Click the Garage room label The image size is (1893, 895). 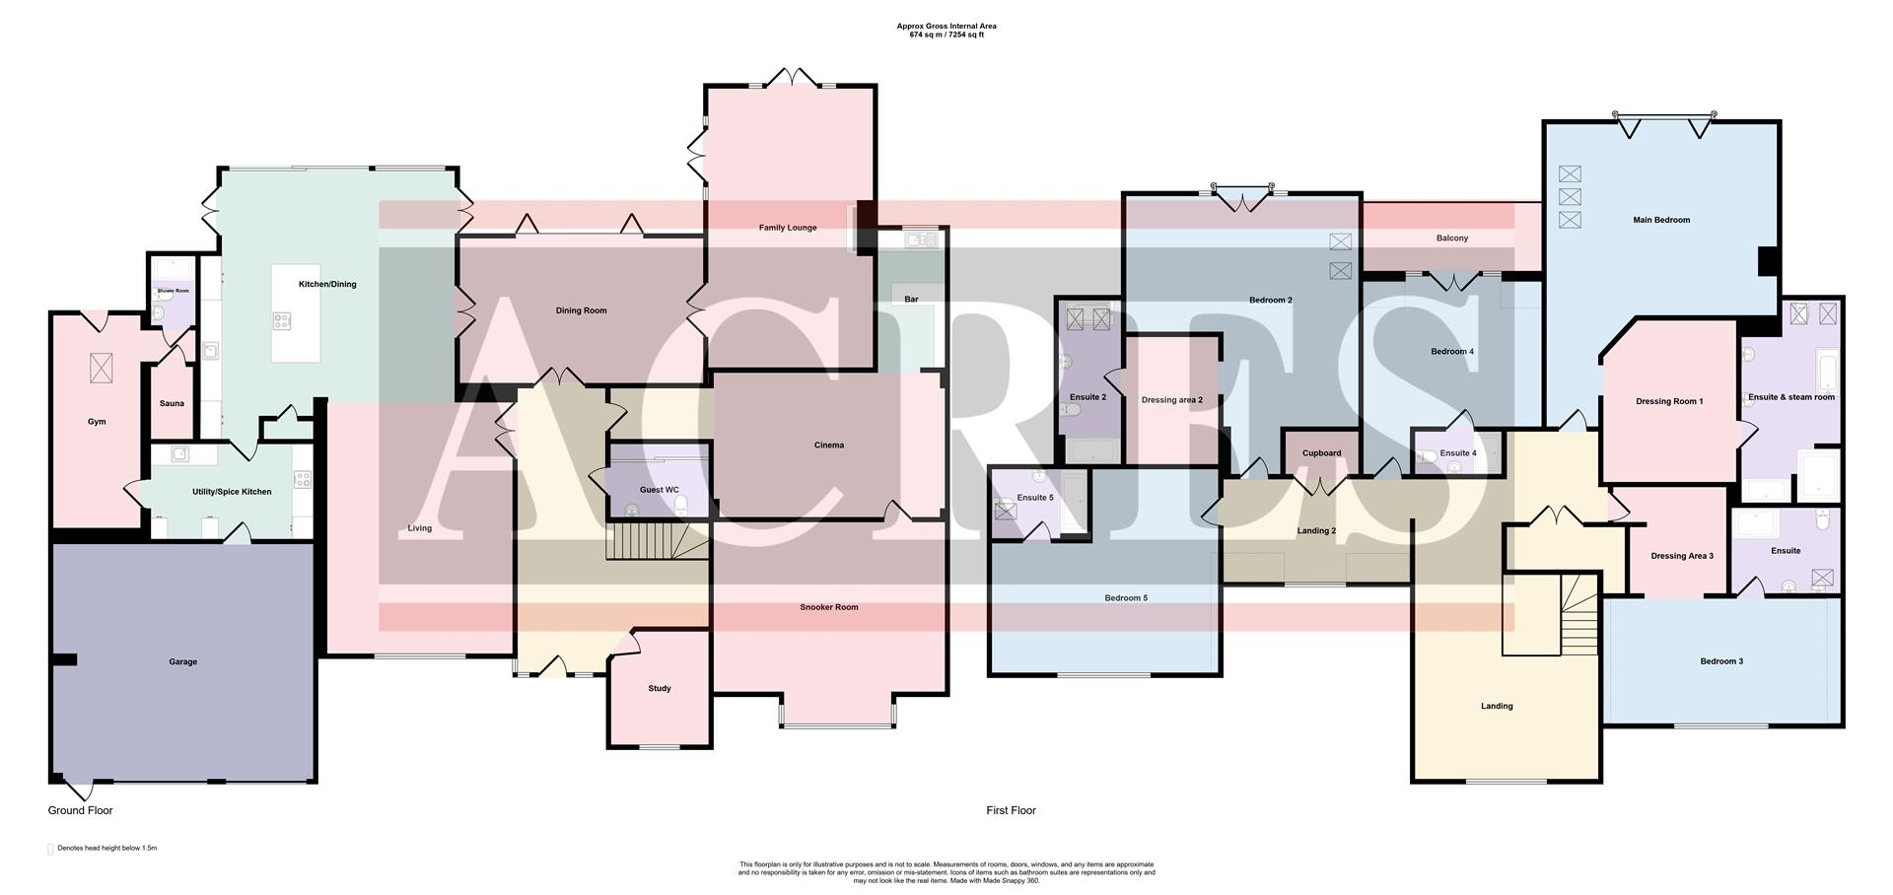click(x=182, y=662)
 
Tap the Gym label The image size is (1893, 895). click(x=97, y=422)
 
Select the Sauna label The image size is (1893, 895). click(x=172, y=403)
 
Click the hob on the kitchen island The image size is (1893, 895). click(x=282, y=320)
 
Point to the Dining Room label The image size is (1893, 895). click(x=581, y=310)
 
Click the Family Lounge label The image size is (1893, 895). click(x=788, y=228)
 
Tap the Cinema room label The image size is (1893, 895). click(x=829, y=446)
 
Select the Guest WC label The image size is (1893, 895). click(x=659, y=490)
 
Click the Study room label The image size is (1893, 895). click(x=660, y=689)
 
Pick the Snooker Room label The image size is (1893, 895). click(x=829, y=607)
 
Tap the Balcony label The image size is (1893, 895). click(x=1452, y=239)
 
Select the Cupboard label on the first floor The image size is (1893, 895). click(x=1321, y=453)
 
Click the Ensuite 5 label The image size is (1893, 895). click(x=1035, y=498)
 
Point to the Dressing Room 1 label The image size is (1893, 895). click(x=1669, y=401)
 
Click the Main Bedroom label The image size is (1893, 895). click(x=1661, y=221)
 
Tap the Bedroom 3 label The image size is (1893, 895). click(x=1721, y=661)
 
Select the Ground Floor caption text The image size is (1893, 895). click(x=81, y=810)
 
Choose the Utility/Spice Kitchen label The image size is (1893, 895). click(x=232, y=492)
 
